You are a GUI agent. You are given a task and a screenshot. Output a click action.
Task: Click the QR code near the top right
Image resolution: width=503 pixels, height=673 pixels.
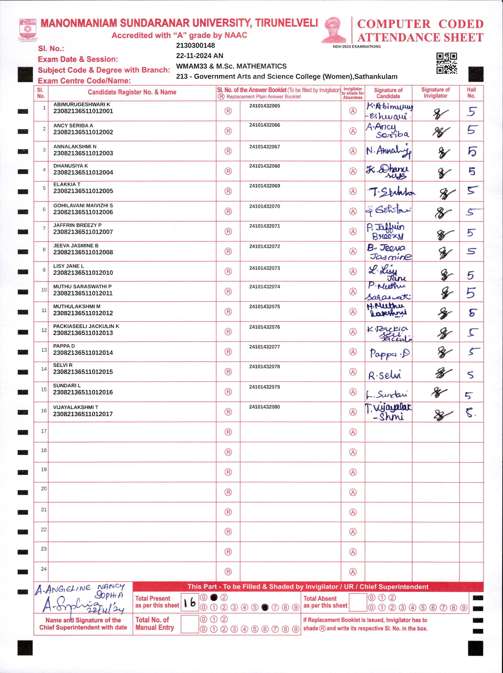446,63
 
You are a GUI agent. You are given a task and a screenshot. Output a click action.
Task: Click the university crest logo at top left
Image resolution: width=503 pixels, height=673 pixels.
28,30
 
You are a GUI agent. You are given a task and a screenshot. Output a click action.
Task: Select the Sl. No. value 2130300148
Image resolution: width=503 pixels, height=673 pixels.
196,46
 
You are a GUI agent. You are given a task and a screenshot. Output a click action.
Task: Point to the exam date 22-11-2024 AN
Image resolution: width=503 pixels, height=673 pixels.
199,56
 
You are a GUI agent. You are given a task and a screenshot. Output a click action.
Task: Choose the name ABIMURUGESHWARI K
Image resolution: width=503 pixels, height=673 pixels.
82,104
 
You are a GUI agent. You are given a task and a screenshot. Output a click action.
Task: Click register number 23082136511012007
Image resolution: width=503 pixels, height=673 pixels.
83,232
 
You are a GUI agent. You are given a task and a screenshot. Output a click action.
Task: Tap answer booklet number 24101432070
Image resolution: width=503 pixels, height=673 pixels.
265,206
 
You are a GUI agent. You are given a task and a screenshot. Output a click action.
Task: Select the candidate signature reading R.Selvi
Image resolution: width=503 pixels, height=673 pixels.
385,375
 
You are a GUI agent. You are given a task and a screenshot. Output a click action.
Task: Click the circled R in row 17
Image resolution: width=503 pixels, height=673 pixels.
228,432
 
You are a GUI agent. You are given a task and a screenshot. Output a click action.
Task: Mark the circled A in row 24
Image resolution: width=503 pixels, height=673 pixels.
353,572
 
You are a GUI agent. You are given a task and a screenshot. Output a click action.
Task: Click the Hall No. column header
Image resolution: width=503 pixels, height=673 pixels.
471,93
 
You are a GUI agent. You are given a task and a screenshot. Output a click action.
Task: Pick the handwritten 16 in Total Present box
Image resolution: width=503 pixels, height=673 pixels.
190,602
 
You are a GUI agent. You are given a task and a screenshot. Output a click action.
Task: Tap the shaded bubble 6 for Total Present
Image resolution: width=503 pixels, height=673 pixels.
265,607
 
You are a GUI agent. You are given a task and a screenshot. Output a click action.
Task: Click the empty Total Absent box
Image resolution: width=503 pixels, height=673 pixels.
358,602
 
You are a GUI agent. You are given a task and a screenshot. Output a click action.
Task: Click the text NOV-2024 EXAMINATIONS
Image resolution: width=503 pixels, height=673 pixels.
356,47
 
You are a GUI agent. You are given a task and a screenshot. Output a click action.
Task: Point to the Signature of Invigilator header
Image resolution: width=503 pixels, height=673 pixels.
435,93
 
